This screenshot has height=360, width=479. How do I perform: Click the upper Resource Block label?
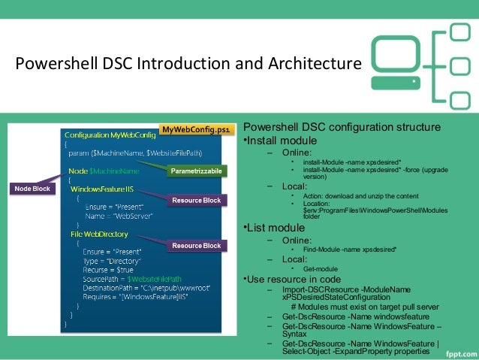pos(197,201)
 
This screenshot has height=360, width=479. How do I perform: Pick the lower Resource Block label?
pos(197,246)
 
